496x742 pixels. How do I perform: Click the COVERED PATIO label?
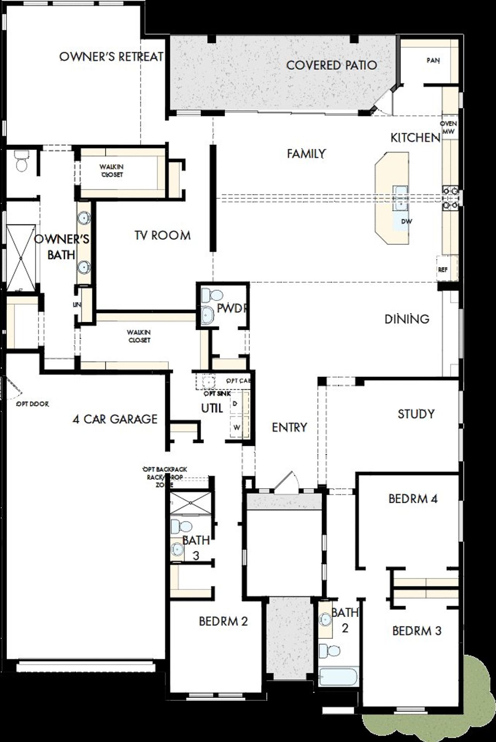click(331, 65)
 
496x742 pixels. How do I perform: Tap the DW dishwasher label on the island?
click(406, 222)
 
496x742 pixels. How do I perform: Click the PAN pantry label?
click(433, 60)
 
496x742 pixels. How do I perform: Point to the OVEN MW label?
click(448, 128)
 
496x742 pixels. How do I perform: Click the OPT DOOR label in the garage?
click(33, 404)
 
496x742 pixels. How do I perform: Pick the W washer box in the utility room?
click(236, 428)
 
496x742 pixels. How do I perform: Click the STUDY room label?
click(416, 414)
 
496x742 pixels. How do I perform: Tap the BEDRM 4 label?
click(413, 499)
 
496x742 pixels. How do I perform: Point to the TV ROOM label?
click(163, 235)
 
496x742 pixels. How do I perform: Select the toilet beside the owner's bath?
click(21, 161)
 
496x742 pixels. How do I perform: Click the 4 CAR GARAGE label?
click(115, 419)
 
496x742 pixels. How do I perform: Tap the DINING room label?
click(407, 319)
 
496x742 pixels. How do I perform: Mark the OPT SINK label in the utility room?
click(217, 394)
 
